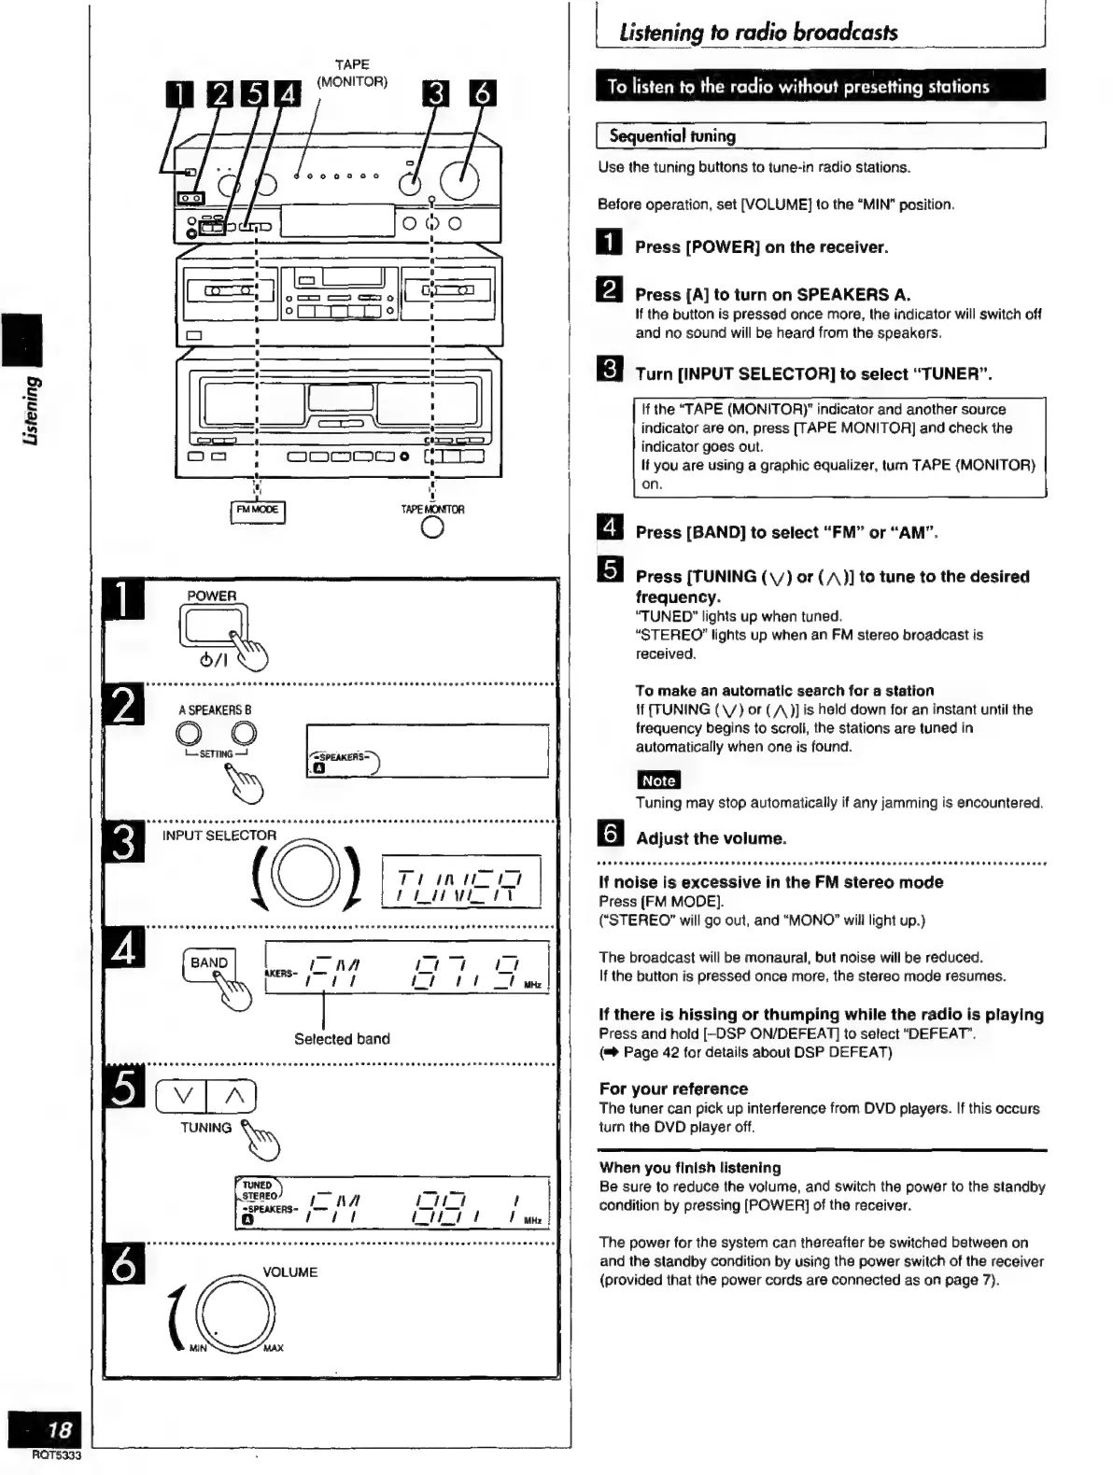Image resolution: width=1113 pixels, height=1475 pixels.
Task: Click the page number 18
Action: click(59, 1429)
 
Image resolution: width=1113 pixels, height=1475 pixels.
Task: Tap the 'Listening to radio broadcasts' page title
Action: click(757, 33)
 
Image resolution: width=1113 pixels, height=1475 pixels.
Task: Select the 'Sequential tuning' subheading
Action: click(672, 136)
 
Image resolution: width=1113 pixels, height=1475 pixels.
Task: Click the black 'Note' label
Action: click(658, 780)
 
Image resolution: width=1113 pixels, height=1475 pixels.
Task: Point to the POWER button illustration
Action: click(214, 625)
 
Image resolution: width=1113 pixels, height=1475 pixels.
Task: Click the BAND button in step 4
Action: click(209, 963)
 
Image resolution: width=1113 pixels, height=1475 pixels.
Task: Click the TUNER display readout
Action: click(461, 882)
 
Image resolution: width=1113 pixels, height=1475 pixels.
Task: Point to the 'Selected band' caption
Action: click(342, 1039)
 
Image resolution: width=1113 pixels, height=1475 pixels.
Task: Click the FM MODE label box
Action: click(257, 511)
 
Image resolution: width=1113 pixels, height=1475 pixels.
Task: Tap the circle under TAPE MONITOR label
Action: click(432, 528)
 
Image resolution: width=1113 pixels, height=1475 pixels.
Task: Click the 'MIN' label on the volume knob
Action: click(198, 1348)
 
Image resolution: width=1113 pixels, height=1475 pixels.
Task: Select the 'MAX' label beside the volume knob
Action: click(274, 1348)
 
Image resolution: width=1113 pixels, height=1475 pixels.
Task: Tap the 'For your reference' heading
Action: click(673, 1089)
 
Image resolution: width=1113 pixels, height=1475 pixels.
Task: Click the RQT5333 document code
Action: click(56, 1455)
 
